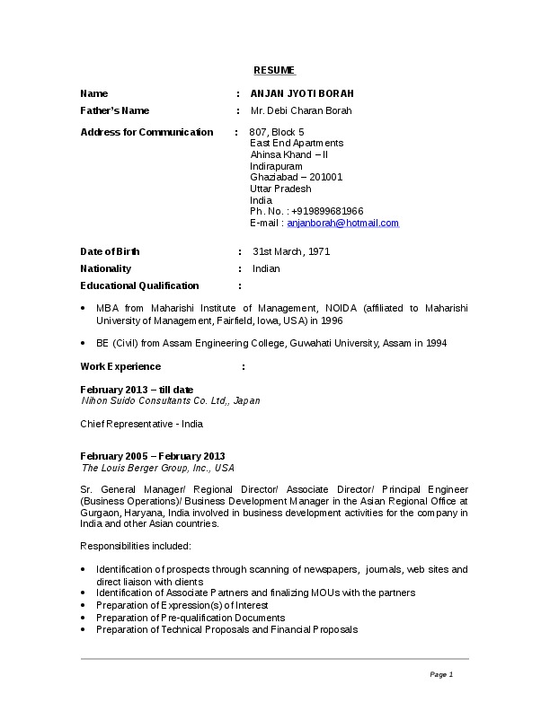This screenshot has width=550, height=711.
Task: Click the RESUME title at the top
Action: pyautogui.click(x=274, y=70)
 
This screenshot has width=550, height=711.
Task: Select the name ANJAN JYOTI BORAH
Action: pyautogui.click(x=302, y=93)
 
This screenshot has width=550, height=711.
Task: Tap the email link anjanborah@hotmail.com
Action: pyautogui.click(x=342, y=224)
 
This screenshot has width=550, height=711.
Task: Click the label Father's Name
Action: pyautogui.click(x=115, y=110)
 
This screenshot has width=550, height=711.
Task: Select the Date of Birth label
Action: pyautogui.click(x=110, y=251)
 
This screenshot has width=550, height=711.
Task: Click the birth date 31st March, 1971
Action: pyautogui.click(x=291, y=251)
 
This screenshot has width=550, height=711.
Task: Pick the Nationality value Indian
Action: pyautogui.click(x=266, y=268)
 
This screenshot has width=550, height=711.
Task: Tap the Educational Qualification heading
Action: pyautogui.click(x=139, y=285)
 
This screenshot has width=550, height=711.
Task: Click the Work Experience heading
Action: pyautogui.click(x=120, y=366)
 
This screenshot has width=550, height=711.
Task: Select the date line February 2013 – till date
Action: pyautogui.click(x=137, y=390)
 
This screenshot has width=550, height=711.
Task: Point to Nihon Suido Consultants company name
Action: pyautogui.click(x=171, y=400)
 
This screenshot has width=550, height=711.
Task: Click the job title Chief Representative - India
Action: pyautogui.click(x=142, y=423)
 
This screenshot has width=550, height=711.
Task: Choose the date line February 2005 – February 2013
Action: pyautogui.click(x=153, y=456)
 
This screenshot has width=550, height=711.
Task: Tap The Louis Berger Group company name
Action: pyautogui.click(x=158, y=468)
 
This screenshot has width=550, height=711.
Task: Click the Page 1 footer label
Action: pyautogui.click(x=441, y=674)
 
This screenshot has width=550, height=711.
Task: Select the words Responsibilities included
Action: pyautogui.click(x=136, y=546)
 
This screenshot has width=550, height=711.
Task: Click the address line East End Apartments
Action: pyautogui.click(x=297, y=144)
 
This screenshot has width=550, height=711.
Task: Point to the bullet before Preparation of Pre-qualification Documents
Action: pyautogui.click(x=84, y=618)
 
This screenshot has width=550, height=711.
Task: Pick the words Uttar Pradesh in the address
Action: pyautogui.click(x=280, y=189)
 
